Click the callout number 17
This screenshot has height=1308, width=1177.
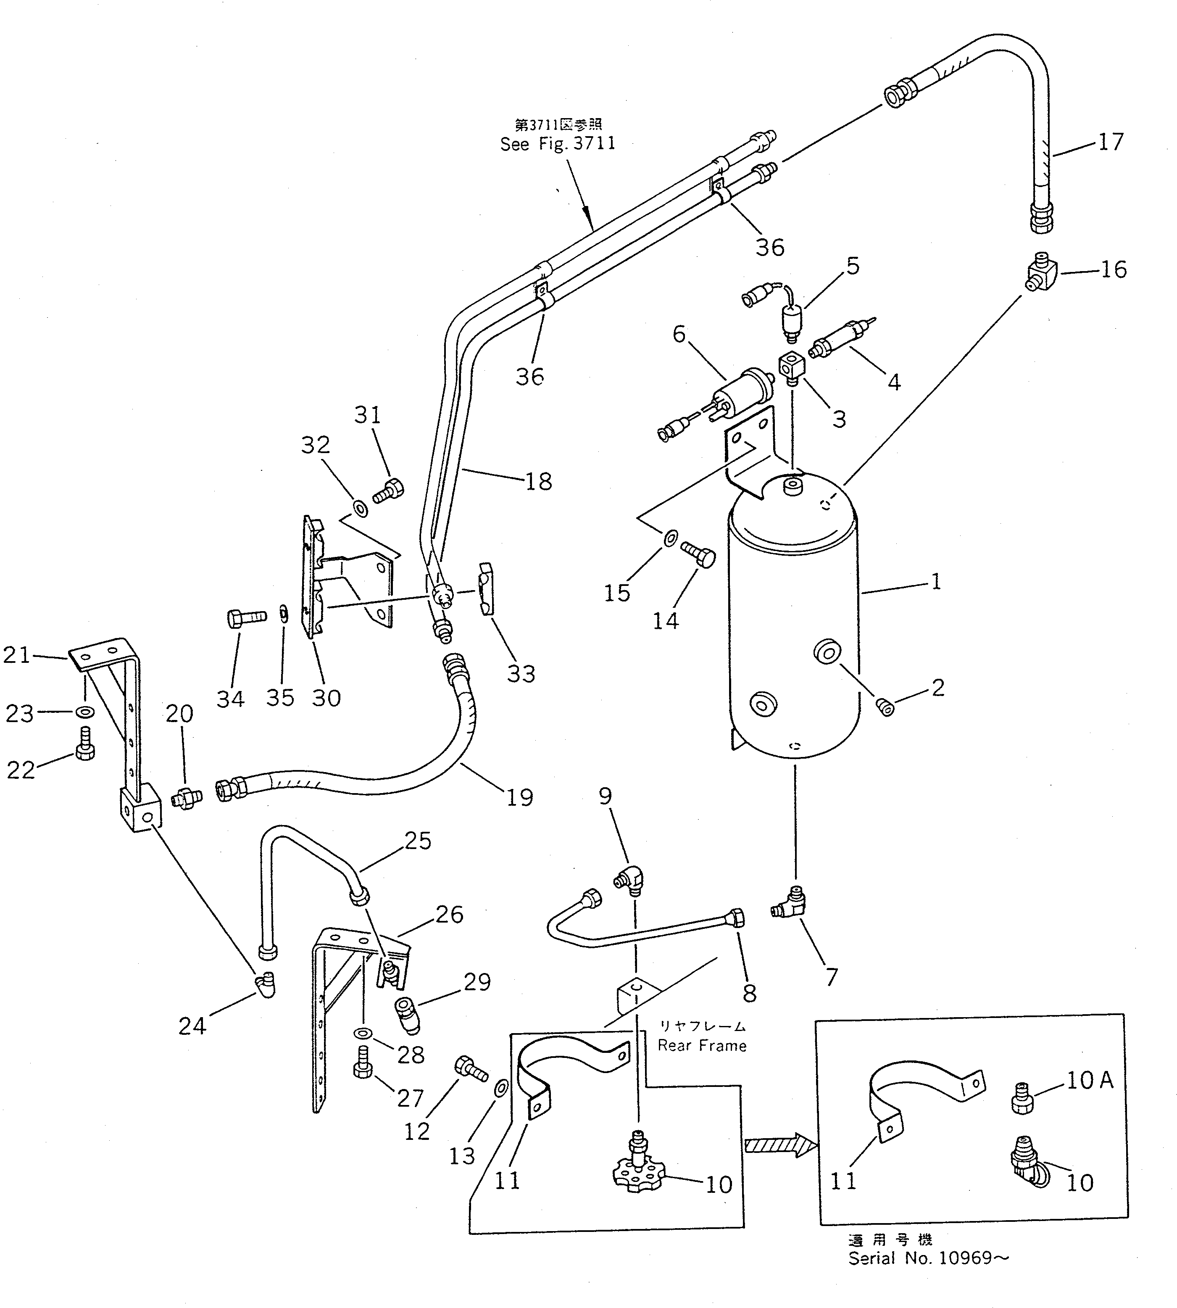point(1111,142)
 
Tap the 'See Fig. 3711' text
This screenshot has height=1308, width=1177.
point(558,144)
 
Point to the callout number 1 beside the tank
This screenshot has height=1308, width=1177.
point(936,582)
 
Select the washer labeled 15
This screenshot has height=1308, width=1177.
point(671,536)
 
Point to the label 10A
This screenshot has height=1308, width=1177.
point(1090,1080)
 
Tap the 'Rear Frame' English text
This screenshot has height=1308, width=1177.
point(702,1046)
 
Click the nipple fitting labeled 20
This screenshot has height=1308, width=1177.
point(187,797)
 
